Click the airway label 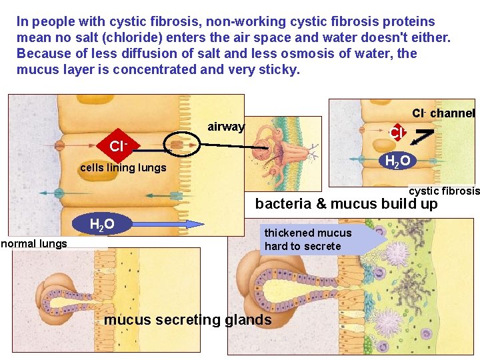[x=226, y=127]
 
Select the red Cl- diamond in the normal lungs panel [x=118, y=145]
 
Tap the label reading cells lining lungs [x=123, y=167]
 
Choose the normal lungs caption [x=34, y=243]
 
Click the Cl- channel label [x=443, y=113]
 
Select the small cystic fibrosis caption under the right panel [x=444, y=191]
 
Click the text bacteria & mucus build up [x=346, y=204]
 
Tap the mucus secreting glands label [x=188, y=320]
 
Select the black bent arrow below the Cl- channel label [x=424, y=135]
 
